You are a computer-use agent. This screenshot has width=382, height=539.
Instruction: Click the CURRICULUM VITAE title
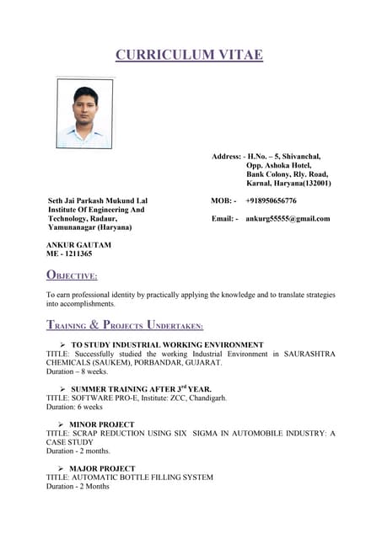[x=189, y=56]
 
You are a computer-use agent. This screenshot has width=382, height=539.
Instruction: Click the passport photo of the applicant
[x=84, y=113]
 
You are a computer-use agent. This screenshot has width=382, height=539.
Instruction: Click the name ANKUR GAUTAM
[x=78, y=244]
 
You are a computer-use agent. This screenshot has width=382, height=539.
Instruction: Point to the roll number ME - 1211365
[x=69, y=253]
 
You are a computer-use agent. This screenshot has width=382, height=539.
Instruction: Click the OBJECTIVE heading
[x=72, y=275]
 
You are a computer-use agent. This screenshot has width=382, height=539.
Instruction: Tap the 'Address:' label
[x=226, y=157]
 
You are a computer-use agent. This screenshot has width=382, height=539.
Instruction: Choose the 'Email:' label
[x=224, y=218]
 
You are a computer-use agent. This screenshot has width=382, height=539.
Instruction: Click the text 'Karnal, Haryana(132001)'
[x=288, y=183]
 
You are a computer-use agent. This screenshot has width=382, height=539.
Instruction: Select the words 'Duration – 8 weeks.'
[x=77, y=371]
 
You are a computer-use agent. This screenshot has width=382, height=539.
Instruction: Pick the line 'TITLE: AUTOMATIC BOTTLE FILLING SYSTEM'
[x=129, y=477]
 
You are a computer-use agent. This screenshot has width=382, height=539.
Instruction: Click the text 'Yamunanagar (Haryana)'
[x=89, y=227]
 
